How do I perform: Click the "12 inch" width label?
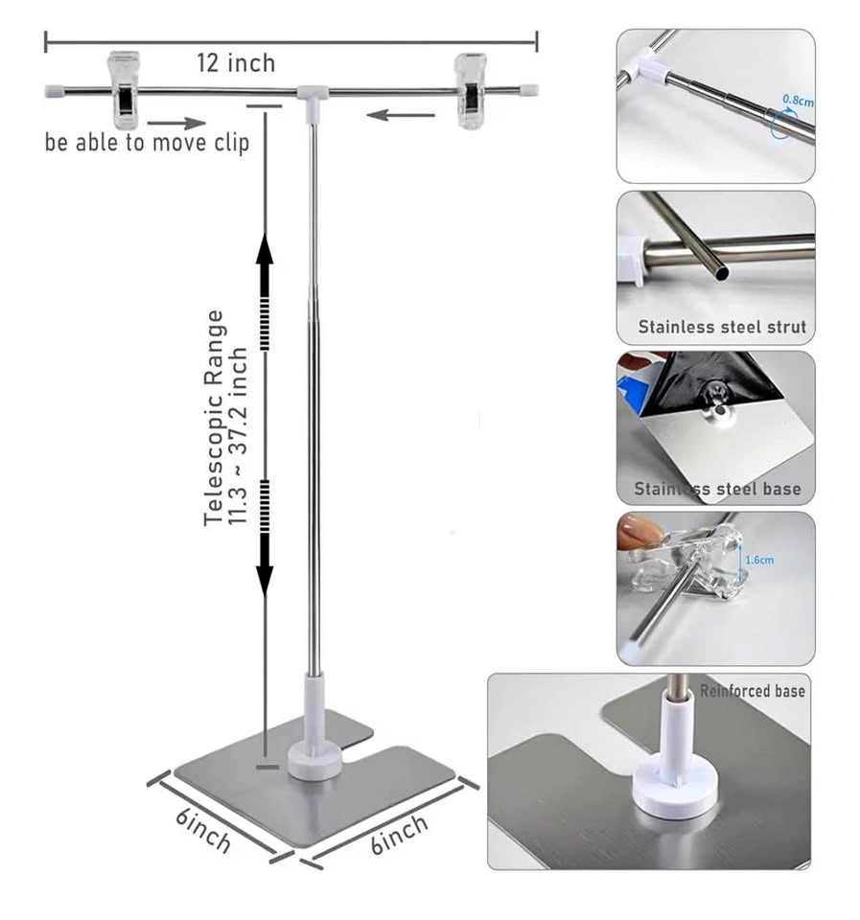[x=236, y=63]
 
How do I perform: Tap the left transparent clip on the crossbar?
[x=125, y=90]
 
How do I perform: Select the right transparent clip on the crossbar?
[x=472, y=91]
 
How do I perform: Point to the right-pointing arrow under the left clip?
[x=176, y=124]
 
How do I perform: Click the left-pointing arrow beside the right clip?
[x=401, y=114]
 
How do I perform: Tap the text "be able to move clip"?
[x=148, y=143]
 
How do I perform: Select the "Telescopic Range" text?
[x=214, y=418]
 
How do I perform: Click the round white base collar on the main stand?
[x=314, y=762]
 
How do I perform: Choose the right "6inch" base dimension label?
[x=399, y=834]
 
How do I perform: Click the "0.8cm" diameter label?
[x=799, y=101]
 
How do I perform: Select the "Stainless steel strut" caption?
[x=722, y=327]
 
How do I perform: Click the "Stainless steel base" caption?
[x=717, y=489]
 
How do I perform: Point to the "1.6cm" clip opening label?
[x=759, y=560]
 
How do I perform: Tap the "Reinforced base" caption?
[x=752, y=691]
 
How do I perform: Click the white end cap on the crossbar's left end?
[x=54, y=91]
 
